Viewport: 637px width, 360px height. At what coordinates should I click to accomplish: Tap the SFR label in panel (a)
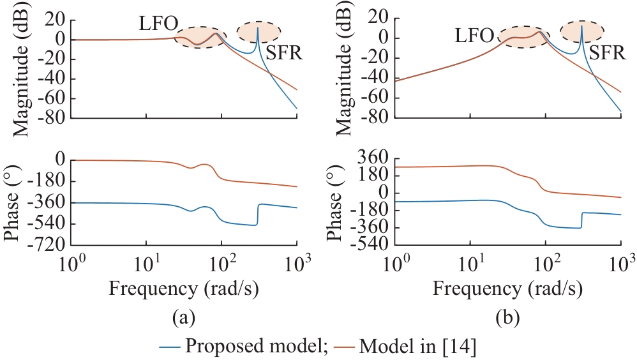283,53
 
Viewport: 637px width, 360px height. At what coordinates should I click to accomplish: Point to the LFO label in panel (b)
474,36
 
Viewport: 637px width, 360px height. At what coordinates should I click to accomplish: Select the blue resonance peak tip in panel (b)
581,26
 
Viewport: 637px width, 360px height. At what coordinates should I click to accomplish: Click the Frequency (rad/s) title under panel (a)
184,288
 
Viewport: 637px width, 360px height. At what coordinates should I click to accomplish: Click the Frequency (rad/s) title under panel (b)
508,288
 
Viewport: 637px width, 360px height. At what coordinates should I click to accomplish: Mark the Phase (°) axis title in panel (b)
336,200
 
